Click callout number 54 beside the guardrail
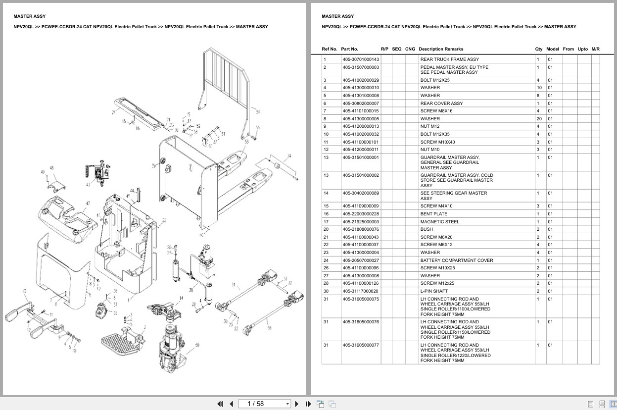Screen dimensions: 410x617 tap(258, 112)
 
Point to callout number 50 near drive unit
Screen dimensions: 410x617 tap(197, 345)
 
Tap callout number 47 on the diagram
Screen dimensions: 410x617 tap(88, 204)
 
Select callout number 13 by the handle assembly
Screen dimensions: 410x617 tap(24, 291)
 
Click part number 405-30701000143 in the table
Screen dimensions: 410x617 tap(361, 59)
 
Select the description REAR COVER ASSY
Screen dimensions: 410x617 tap(441, 103)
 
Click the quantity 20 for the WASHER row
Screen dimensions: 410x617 tap(539, 119)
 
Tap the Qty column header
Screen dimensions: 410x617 tap(538, 49)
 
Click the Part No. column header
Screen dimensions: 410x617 tap(349, 49)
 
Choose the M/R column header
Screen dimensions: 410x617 tap(595, 49)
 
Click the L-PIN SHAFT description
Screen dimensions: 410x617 tap(434, 291)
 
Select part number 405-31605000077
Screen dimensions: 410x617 tap(361, 345)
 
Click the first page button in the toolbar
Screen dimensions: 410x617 tap(220, 404)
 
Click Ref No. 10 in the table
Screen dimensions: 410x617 tap(326, 134)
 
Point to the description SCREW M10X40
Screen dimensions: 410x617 tap(437, 142)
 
